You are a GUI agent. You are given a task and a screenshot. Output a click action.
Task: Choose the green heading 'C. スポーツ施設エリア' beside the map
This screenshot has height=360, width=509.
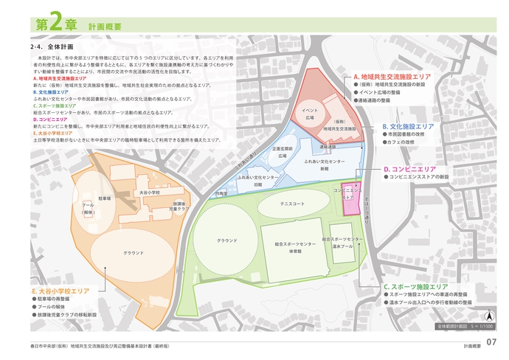415,286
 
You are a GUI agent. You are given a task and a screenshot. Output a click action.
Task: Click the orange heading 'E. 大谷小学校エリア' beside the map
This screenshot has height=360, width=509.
60,291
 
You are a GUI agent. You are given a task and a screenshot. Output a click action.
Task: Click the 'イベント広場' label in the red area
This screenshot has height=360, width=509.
309,114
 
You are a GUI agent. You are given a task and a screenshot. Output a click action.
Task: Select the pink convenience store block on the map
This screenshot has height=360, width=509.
350,199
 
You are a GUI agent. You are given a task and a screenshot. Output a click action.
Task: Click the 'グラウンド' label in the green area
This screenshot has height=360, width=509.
226,240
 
